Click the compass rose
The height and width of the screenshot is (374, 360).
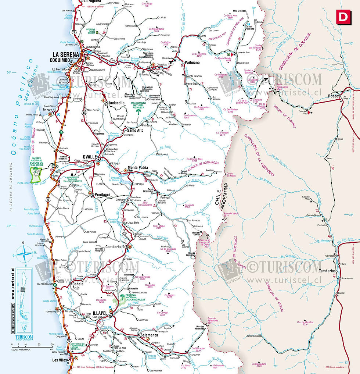tap(23, 254)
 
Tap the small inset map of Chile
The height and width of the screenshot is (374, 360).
tap(23, 294)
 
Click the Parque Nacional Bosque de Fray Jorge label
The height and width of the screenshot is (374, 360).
tap(39, 163)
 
